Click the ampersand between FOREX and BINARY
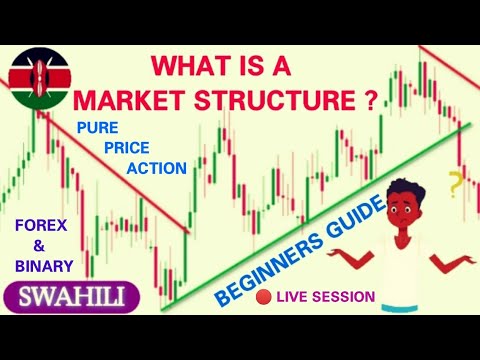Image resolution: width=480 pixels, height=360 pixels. point(42,245)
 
